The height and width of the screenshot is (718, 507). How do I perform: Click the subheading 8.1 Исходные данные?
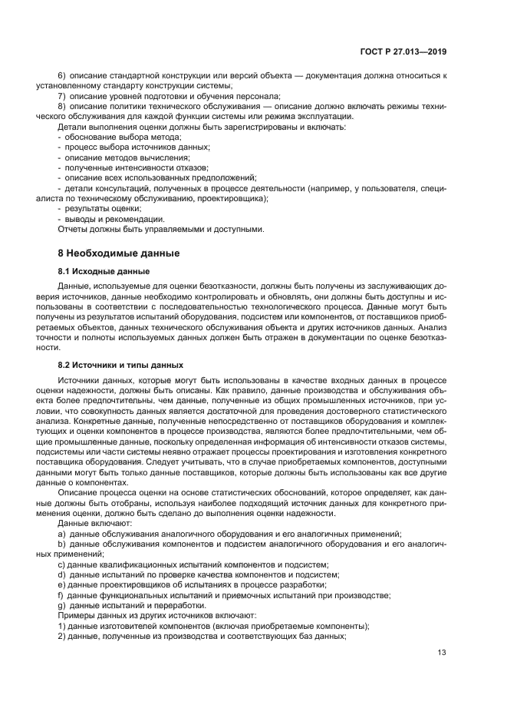click(104, 272)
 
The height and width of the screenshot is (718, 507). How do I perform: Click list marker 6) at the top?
click(62, 76)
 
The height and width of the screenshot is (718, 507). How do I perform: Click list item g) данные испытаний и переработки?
click(125, 605)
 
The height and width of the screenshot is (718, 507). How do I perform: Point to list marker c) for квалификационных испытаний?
click(61, 564)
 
